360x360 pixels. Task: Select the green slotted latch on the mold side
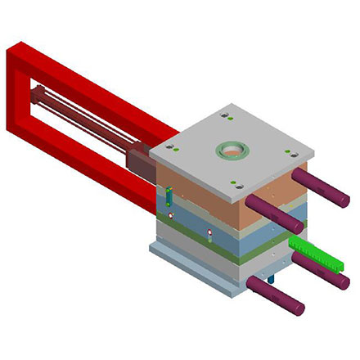[x=169, y=196]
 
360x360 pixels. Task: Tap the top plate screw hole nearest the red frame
[x=171, y=147]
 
